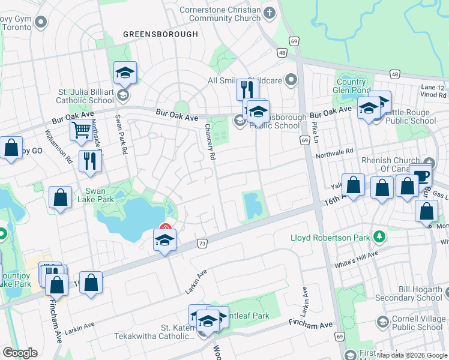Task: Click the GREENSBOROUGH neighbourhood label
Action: coord(160,34)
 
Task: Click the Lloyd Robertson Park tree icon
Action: coord(379,238)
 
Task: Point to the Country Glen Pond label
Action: coord(351,86)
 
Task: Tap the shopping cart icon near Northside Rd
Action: coord(80,129)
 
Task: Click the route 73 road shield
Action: coord(202,244)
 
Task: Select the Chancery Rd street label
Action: coord(210,142)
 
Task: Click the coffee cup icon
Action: coord(421,175)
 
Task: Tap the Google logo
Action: coord(20,353)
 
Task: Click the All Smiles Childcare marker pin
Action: coord(291,80)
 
